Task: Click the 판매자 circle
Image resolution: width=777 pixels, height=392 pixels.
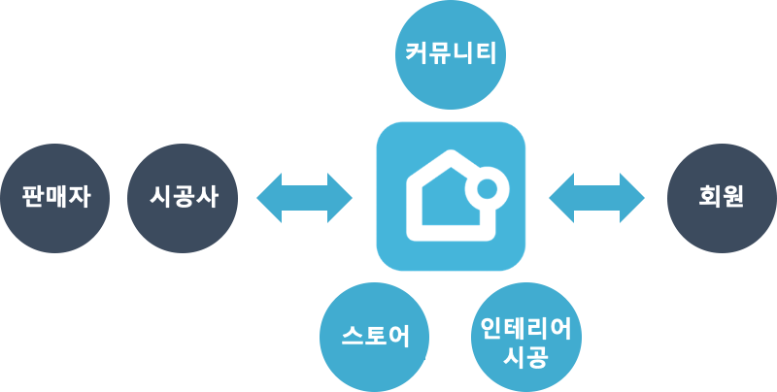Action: (55, 198)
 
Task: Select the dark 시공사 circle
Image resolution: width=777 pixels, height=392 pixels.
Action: (184, 198)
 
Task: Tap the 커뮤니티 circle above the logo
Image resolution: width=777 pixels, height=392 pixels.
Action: (450, 52)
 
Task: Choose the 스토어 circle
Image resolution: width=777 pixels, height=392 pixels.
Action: (376, 337)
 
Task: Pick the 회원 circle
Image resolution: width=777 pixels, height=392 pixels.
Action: (721, 198)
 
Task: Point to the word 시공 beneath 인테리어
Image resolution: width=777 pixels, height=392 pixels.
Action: (526, 356)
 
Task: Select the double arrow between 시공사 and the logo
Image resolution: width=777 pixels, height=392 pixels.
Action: (305, 198)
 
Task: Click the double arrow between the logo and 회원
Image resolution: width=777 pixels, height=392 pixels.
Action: (596, 198)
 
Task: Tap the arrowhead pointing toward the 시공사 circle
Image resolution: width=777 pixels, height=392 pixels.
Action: (270, 198)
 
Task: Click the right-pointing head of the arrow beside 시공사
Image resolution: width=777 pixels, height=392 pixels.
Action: (340, 198)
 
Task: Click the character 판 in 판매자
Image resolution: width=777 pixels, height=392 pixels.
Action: (33, 198)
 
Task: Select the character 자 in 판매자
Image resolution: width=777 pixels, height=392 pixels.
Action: (79, 198)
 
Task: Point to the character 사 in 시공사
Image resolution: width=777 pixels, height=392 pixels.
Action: (207, 198)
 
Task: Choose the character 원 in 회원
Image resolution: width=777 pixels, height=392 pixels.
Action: (732, 198)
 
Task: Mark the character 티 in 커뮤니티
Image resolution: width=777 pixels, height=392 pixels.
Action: (485, 52)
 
